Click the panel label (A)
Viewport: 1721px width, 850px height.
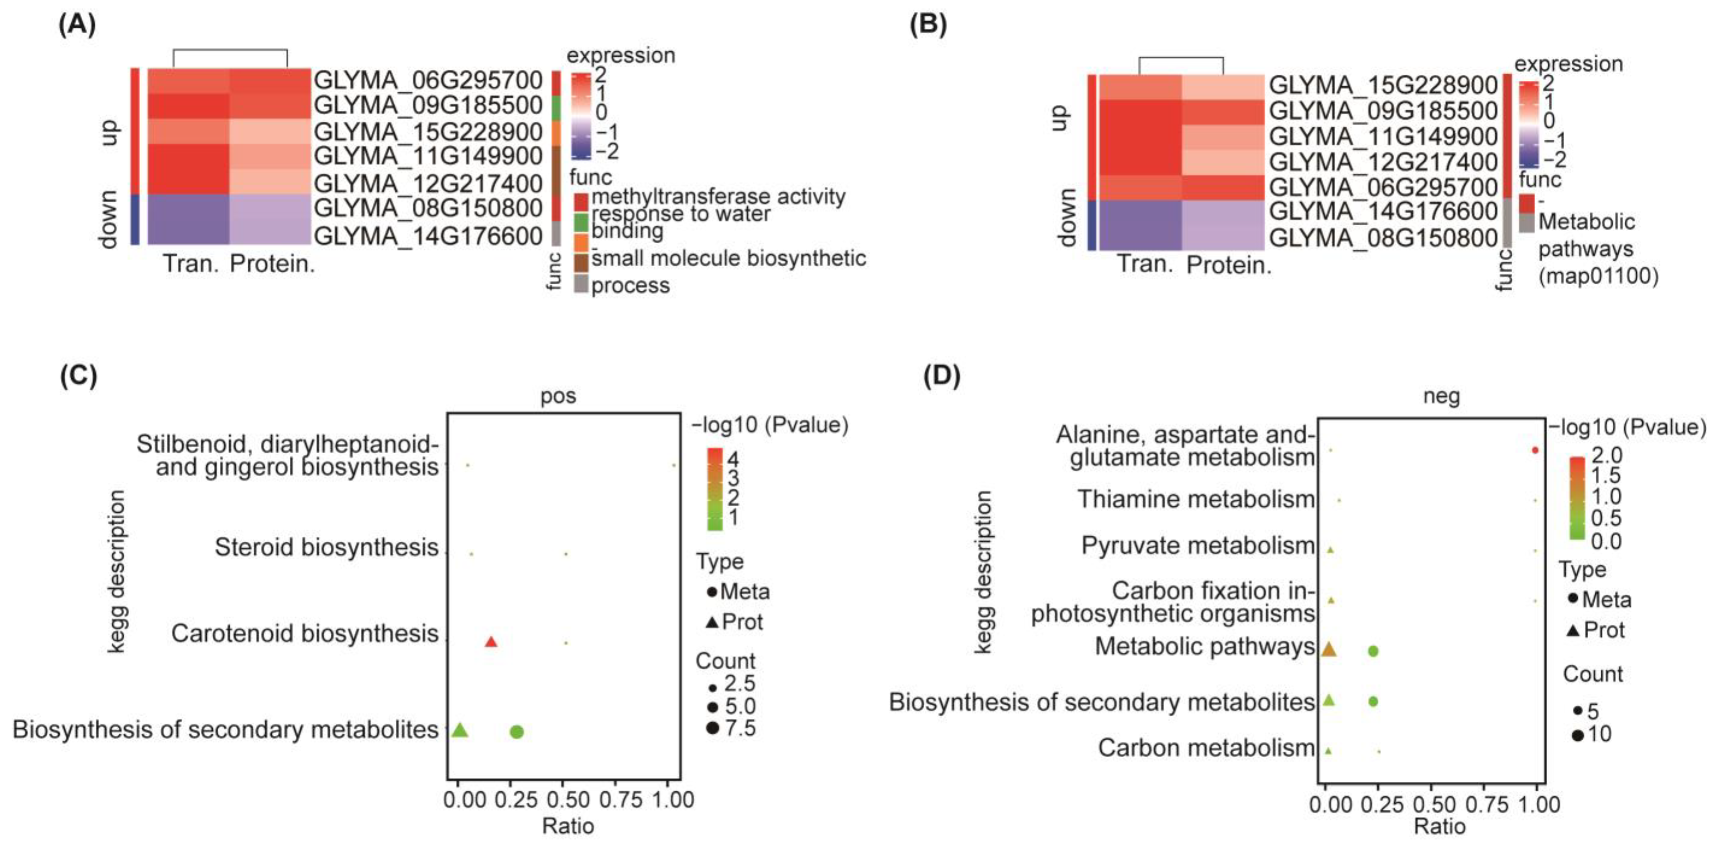77,25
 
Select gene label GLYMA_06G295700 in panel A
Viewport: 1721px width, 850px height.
427,80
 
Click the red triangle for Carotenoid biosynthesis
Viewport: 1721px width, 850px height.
491,642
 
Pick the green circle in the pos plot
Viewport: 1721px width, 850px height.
517,732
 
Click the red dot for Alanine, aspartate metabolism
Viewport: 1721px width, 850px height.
1535,450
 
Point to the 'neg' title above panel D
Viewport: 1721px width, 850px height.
1441,396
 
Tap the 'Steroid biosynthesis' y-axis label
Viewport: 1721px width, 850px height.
326,547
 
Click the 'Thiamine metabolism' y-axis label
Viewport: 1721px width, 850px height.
1196,499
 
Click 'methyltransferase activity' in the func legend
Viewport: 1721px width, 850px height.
718,196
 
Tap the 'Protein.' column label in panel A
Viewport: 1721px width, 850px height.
272,264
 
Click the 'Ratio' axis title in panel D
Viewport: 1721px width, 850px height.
1439,827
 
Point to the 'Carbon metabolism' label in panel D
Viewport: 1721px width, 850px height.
1206,748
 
